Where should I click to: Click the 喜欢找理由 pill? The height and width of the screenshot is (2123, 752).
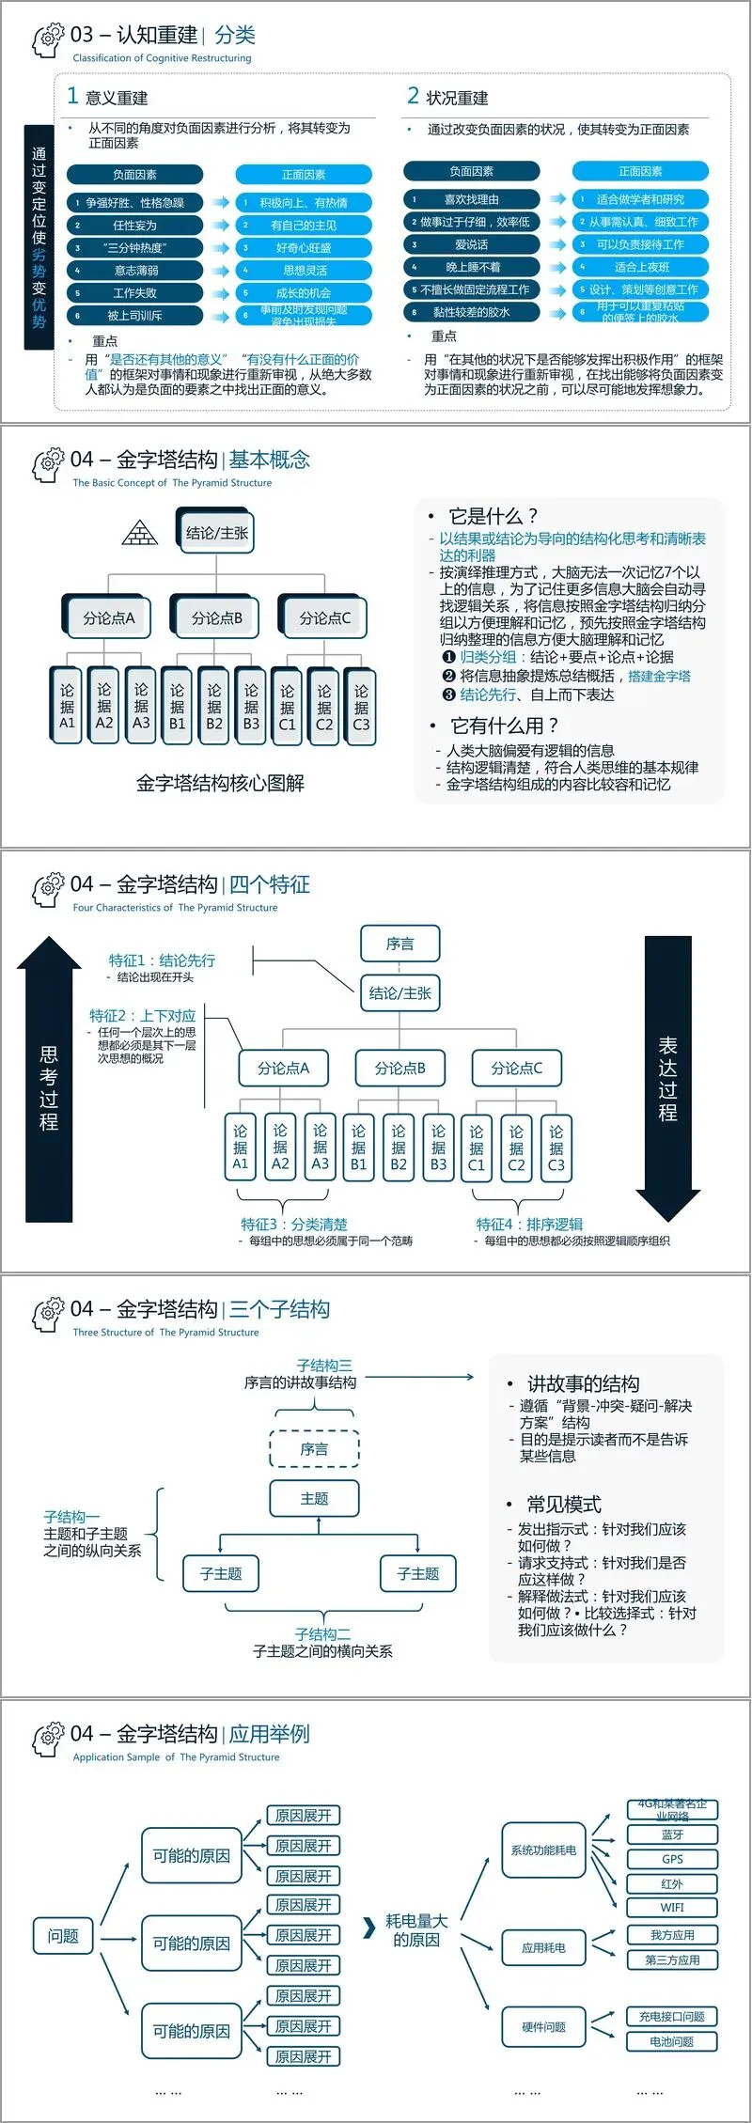472,199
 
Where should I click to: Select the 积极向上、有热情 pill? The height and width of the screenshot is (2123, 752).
304,203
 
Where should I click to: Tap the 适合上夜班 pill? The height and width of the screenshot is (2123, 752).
641,267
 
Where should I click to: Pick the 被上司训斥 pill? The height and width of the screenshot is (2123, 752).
134,316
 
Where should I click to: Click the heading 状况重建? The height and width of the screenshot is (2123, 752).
457,98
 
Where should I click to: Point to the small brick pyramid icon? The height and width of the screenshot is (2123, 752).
140,533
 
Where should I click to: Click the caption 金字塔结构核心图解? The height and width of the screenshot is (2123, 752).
220,783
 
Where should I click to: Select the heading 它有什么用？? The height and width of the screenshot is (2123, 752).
504,726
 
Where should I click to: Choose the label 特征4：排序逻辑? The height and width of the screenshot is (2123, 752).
529,1225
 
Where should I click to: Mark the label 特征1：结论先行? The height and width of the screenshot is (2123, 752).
162,960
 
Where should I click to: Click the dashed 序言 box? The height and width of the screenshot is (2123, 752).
314,1449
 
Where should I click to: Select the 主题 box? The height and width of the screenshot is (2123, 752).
314,1498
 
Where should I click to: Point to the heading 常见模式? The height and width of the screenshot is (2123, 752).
563,1505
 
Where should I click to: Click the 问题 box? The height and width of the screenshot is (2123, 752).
63,1936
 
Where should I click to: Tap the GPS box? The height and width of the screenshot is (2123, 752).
672,1859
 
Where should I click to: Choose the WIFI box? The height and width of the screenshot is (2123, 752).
672,1907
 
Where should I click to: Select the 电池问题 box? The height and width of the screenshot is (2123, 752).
672,2041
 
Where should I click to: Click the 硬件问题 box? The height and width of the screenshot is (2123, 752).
544,2027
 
